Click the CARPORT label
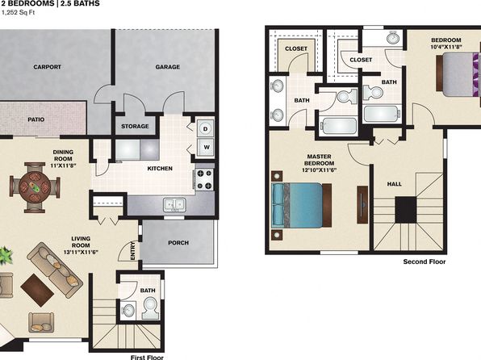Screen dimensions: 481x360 48,67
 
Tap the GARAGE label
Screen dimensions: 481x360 168,67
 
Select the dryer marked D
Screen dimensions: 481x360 205,128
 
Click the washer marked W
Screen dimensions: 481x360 206,148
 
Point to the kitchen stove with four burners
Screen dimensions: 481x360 204,179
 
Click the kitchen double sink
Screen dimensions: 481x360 174,204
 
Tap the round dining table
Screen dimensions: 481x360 35,186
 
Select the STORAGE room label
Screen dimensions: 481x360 135,126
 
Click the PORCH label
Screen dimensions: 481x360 178,243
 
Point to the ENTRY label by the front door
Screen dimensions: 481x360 133,251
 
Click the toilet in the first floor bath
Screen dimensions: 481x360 151,308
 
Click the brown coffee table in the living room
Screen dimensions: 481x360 37,290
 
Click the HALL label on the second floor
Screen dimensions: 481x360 394,184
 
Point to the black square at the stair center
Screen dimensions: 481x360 405,210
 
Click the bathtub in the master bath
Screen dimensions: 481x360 338,126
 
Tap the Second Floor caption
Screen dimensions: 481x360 425,262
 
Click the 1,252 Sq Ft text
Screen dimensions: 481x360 18,13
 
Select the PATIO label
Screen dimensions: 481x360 36,119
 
